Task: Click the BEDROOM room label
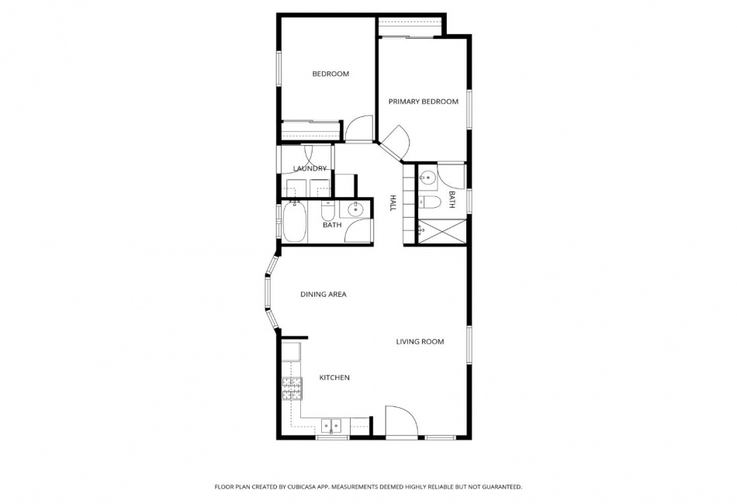pos(330,74)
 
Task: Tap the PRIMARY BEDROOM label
pos(423,102)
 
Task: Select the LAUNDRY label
pos(310,168)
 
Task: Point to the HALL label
pos(393,203)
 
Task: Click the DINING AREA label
pos(324,295)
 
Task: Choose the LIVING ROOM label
pos(420,341)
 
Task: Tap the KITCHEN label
pos(334,378)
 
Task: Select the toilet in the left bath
pos(327,211)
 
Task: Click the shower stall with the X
pos(442,232)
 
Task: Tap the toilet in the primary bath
pos(430,202)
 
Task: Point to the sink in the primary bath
pos(427,177)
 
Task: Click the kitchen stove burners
pos(292,389)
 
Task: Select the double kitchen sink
pos(332,426)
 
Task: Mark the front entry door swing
pos(401,421)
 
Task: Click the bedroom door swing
pos(359,128)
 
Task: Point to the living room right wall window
pos(469,344)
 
